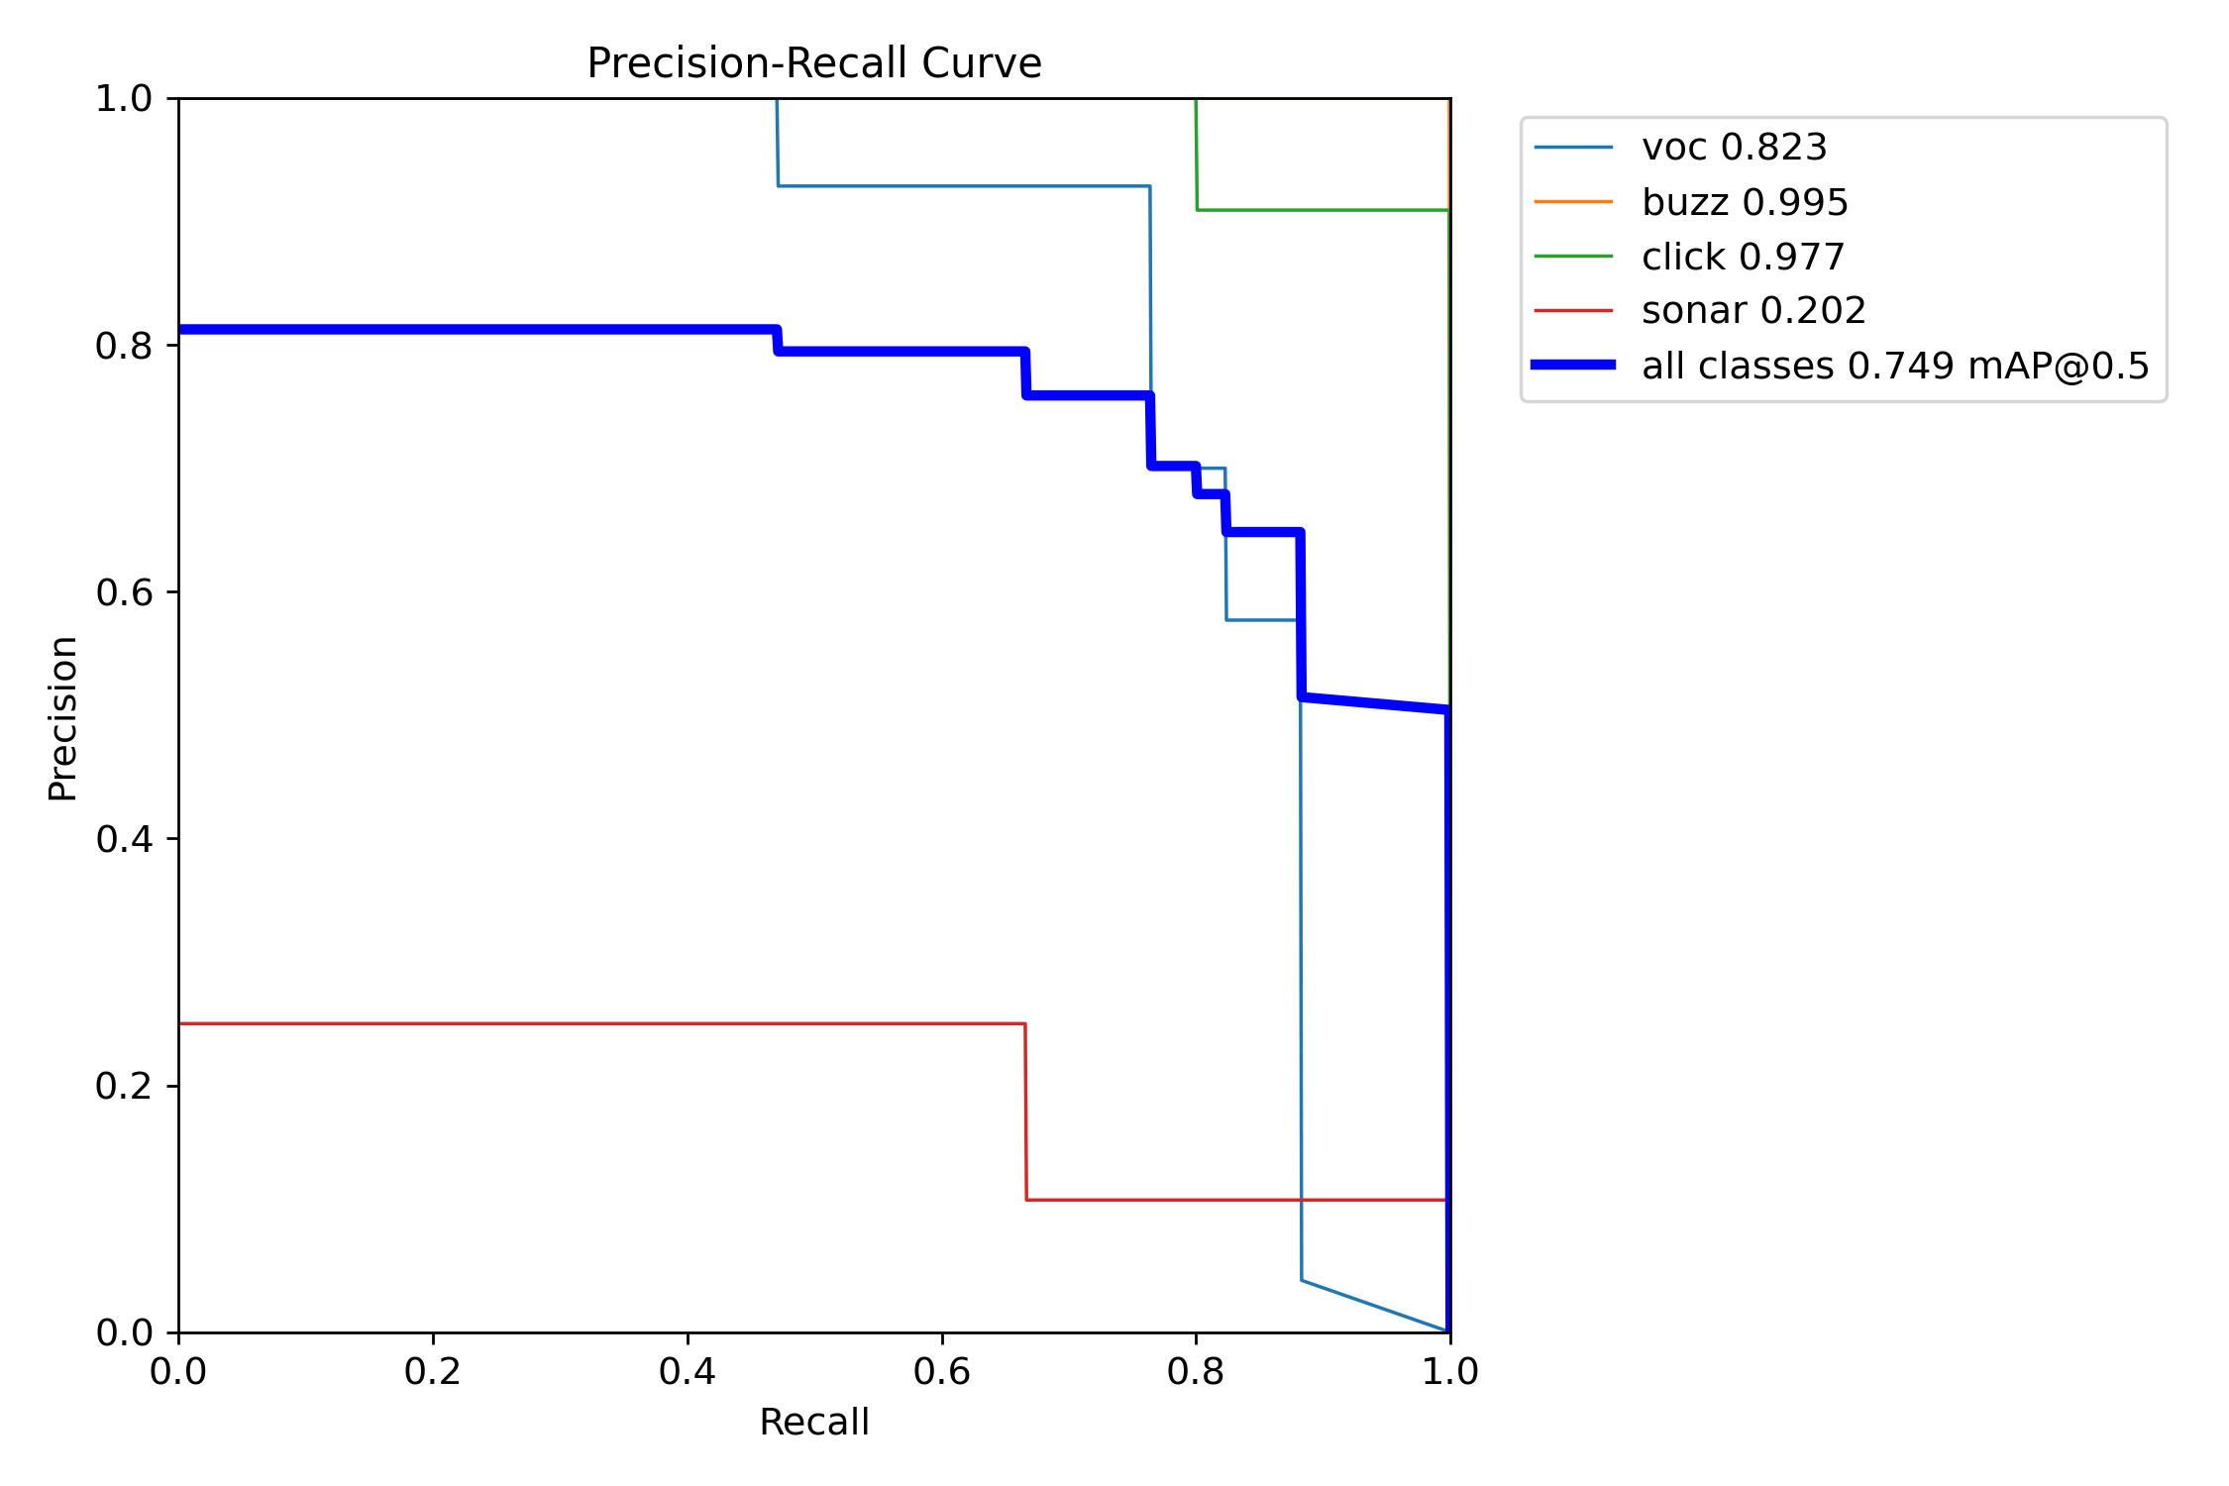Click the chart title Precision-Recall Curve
click(x=813, y=63)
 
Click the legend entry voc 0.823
click(x=1734, y=148)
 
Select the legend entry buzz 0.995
click(x=1745, y=202)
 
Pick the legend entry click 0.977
click(x=1743, y=257)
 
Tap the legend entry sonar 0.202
click(x=1753, y=311)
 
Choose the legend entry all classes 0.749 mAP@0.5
click(x=1895, y=366)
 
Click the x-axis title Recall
click(x=813, y=1422)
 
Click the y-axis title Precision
click(x=62, y=718)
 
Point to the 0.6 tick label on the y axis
click(x=124, y=592)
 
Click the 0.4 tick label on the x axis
click(x=688, y=1372)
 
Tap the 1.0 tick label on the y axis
click(x=124, y=99)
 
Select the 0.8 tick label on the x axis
click(x=1196, y=1372)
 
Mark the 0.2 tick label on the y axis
click(x=124, y=1086)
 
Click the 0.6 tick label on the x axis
click(x=942, y=1372)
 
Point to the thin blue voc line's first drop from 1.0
click(x=778, y=143)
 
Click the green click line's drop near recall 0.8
click(x=1197, y=155)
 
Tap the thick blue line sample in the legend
click(x=1573, y=366)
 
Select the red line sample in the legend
click(x=1573, y=311)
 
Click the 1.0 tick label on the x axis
click(x=1450, y=1372)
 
